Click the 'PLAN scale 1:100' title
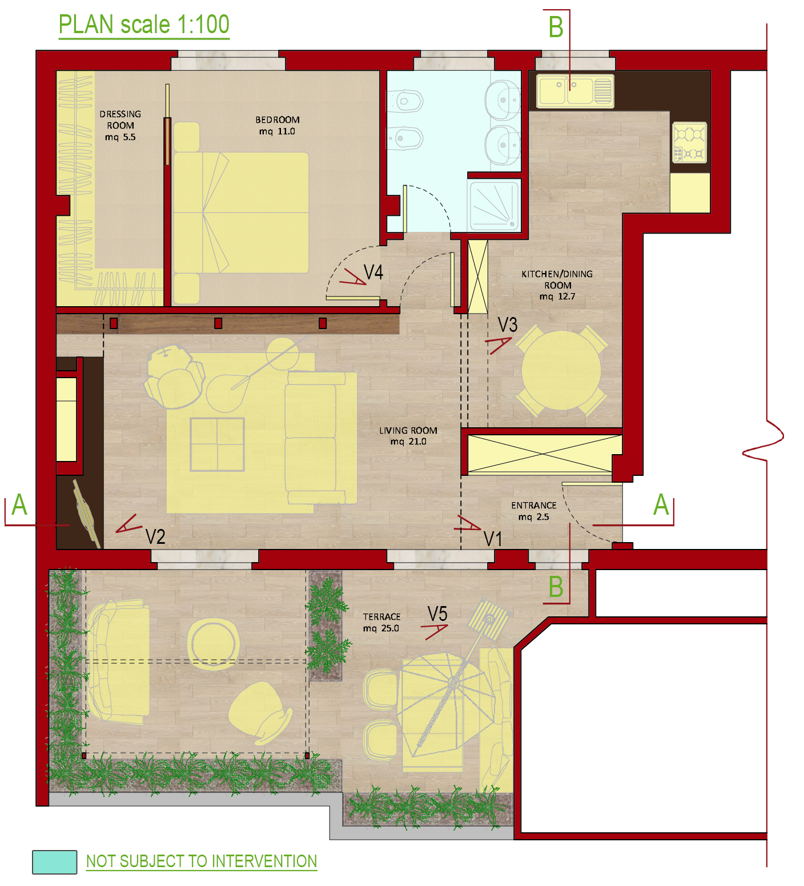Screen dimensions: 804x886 144,25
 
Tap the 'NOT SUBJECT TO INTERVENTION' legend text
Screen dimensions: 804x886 202,861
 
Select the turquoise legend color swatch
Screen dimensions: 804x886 55,862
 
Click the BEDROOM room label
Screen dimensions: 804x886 278,126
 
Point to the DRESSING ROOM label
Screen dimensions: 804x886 120,126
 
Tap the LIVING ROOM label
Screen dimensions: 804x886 408,436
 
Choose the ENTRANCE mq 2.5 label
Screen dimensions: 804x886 534,511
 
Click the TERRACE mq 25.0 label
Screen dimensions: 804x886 381,623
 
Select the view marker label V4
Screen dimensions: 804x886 373,272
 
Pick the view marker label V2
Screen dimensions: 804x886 155,537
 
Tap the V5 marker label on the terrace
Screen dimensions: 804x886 437,614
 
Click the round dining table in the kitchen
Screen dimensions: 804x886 561,370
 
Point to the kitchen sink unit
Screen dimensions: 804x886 575,91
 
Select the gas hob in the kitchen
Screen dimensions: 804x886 690,142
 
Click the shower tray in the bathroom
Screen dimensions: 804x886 495,205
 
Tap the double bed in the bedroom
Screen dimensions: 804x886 241,213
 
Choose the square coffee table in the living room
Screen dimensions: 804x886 217,444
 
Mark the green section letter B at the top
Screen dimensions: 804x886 556,27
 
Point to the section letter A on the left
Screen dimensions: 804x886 19,505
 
